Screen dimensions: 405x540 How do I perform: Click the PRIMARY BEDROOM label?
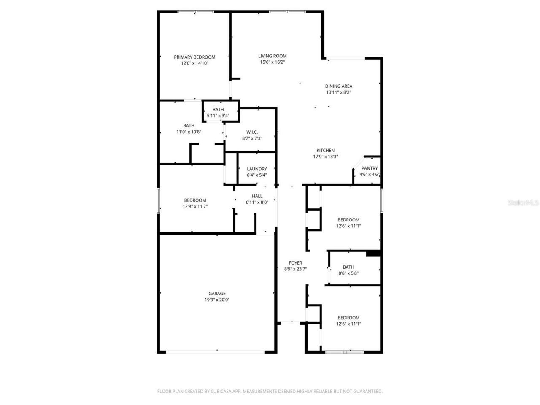click(x=194, y=57)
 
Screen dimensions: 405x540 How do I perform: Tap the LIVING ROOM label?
click(x=272, y=56)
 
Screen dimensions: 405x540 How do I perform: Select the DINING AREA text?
click(x=338, y=86)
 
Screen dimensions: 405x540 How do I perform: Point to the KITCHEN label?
click(x=325, y=151)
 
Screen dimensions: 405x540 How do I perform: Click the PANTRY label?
click(x=370, y=168)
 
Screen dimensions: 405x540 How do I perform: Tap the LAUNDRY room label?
click(x=256, y=169)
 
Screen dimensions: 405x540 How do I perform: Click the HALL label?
click(x=257, y=196)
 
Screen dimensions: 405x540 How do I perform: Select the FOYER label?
click(x=295, y=263)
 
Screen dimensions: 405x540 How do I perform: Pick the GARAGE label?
click(x=217, y=294)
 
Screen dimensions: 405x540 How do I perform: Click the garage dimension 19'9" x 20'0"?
click(x=217, y=300)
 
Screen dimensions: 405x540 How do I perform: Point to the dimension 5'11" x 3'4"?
click(x=218, y=116)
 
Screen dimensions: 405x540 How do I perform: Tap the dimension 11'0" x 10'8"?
click(x=189, y=132)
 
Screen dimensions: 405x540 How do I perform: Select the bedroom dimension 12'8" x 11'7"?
click(x=195, y=206)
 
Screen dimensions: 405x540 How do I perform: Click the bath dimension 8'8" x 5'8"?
click(x=348, y=273)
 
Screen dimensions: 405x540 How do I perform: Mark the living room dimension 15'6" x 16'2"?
click(x=272, y=62)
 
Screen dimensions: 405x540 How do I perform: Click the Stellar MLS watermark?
click(x=523, y=203)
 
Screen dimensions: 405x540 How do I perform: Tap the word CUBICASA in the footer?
click(x=222, y=391)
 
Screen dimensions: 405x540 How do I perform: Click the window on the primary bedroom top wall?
click(x=195, y=12)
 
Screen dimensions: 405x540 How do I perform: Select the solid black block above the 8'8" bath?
click(x=373, y=253)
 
